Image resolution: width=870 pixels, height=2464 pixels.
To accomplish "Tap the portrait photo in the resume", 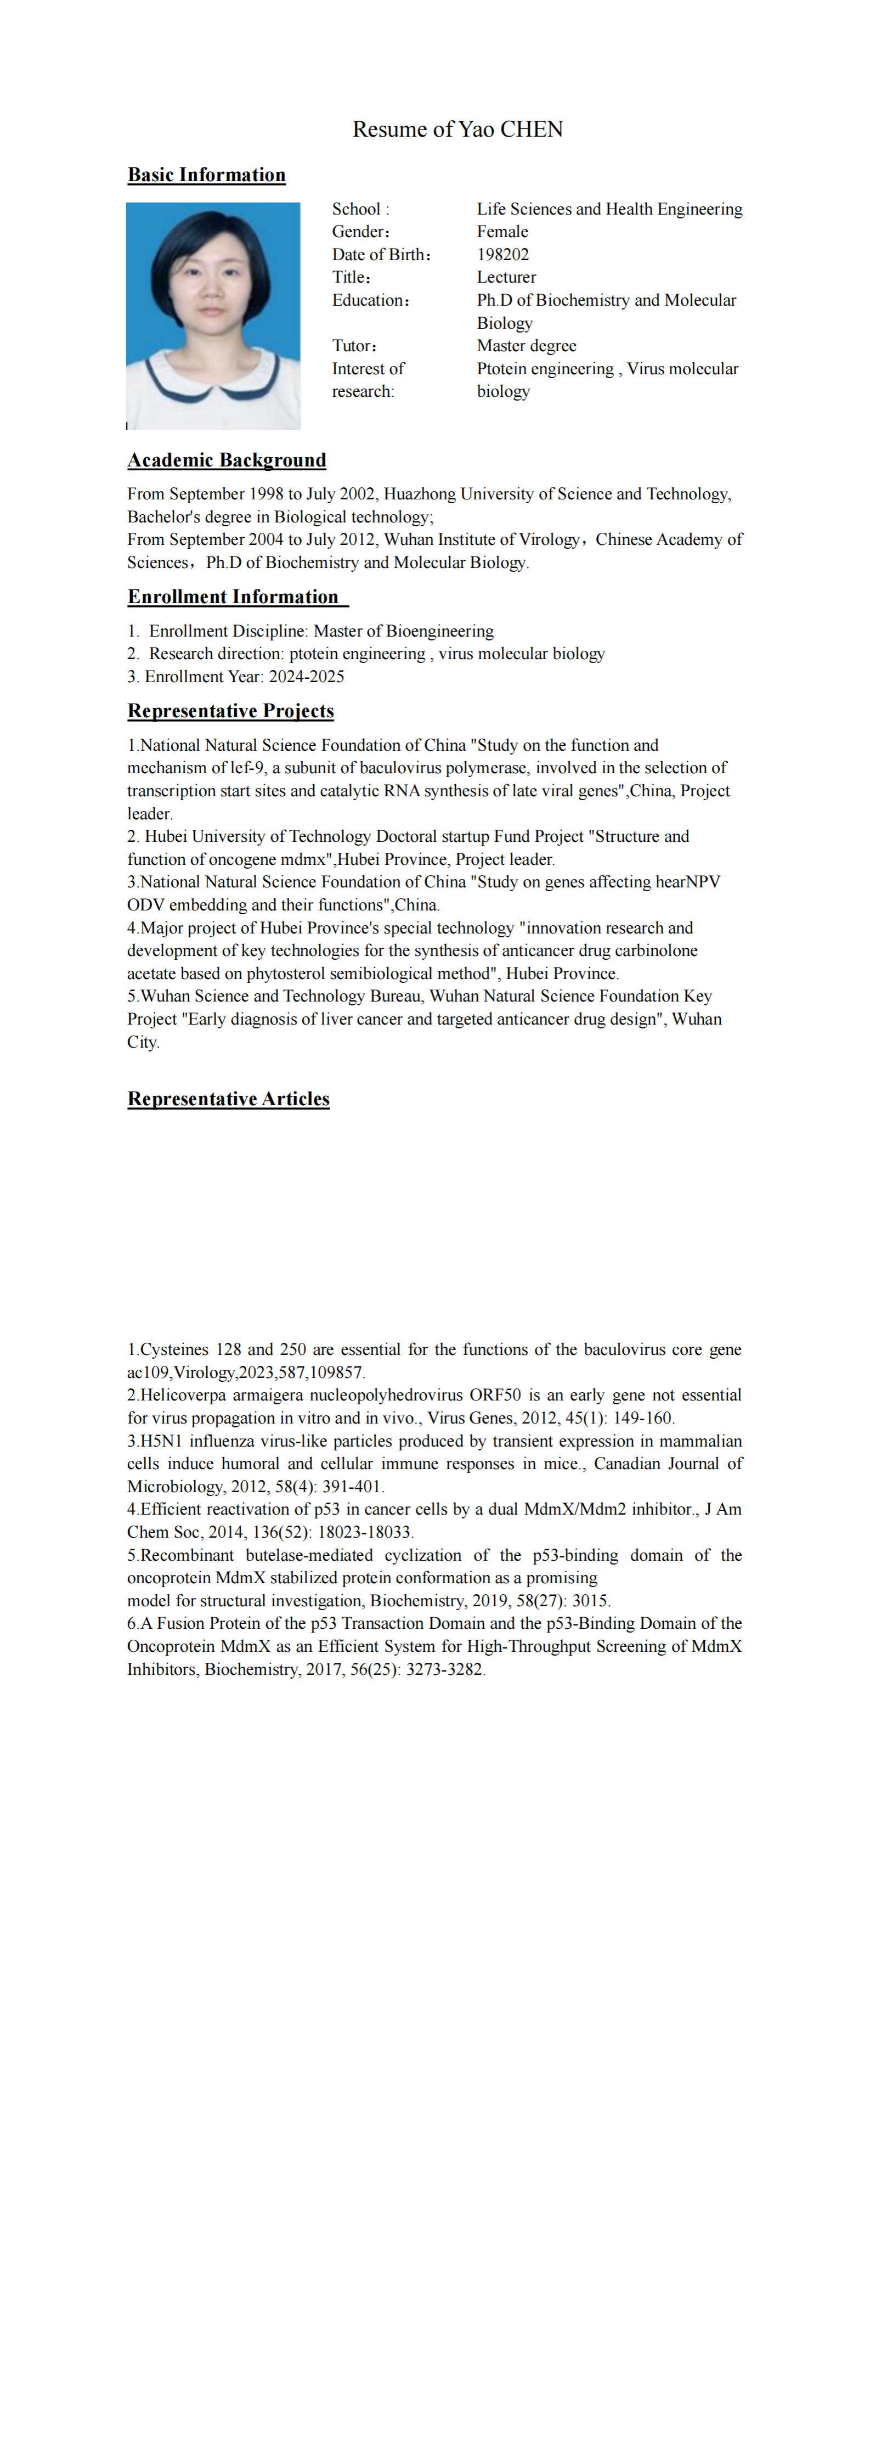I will [x=213, y=316].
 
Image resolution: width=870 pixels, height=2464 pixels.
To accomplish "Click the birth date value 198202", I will [x=503, y=255].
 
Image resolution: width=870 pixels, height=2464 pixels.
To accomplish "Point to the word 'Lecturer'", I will [x=507, y=277].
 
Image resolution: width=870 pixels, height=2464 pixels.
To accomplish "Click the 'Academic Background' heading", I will [x=227, y=460].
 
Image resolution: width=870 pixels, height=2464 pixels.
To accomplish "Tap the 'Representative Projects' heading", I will [x=230, y=711].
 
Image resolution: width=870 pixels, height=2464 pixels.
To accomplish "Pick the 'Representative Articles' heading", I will [x=229, y=1099].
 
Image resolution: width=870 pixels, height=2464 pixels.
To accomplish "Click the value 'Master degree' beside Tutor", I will [x=527, y=346].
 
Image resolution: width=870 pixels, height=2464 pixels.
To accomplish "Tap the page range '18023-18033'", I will [x=365, y=1532].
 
